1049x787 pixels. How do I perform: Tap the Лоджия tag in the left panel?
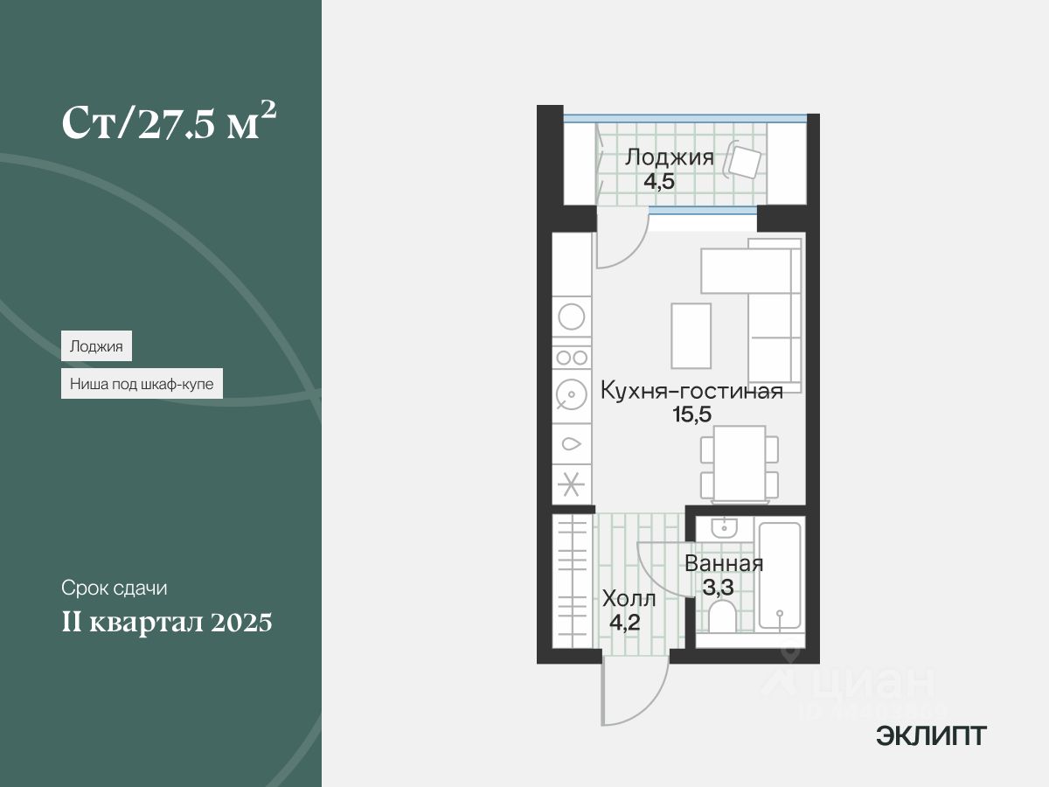tap(96, 345)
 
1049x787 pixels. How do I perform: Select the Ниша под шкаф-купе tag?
tap(142, 383)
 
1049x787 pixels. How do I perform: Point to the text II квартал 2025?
tap(167, 623)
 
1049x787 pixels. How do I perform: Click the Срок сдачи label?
tap(114, 588)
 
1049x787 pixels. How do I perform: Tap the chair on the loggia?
tap(745, 162)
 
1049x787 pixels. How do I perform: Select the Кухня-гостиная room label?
tap(691, 391)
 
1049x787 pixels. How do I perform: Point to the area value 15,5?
tap(691, 414)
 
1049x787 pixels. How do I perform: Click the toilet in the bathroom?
tap(723, 617)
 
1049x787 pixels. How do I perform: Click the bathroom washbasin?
tap(725, 527)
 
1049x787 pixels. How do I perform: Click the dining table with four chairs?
tap(739, 463)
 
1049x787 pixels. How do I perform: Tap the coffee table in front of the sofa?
tap(691, 335)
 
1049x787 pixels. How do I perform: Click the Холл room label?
tap(628, 600)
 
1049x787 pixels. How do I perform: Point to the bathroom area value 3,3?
tap(719, 587)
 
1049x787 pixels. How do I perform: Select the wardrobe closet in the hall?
tap(573, 582)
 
